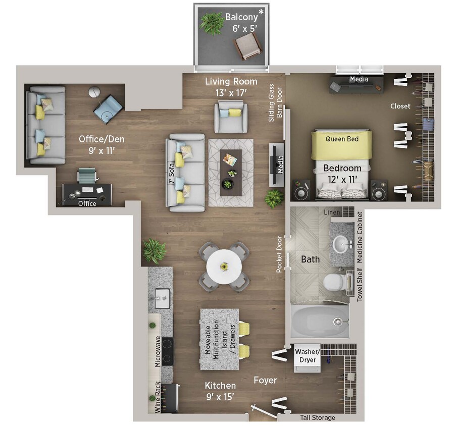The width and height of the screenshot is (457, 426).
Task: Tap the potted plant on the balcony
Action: coord(211,23)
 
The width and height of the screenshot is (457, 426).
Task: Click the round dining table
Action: coord(224,267)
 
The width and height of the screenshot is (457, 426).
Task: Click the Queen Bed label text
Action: coord(342,139)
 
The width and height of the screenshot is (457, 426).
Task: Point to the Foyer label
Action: coord(265,380)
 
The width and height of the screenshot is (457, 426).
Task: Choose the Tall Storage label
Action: coord(317,418)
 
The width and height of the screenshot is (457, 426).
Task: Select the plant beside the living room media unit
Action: coord(274,198)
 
